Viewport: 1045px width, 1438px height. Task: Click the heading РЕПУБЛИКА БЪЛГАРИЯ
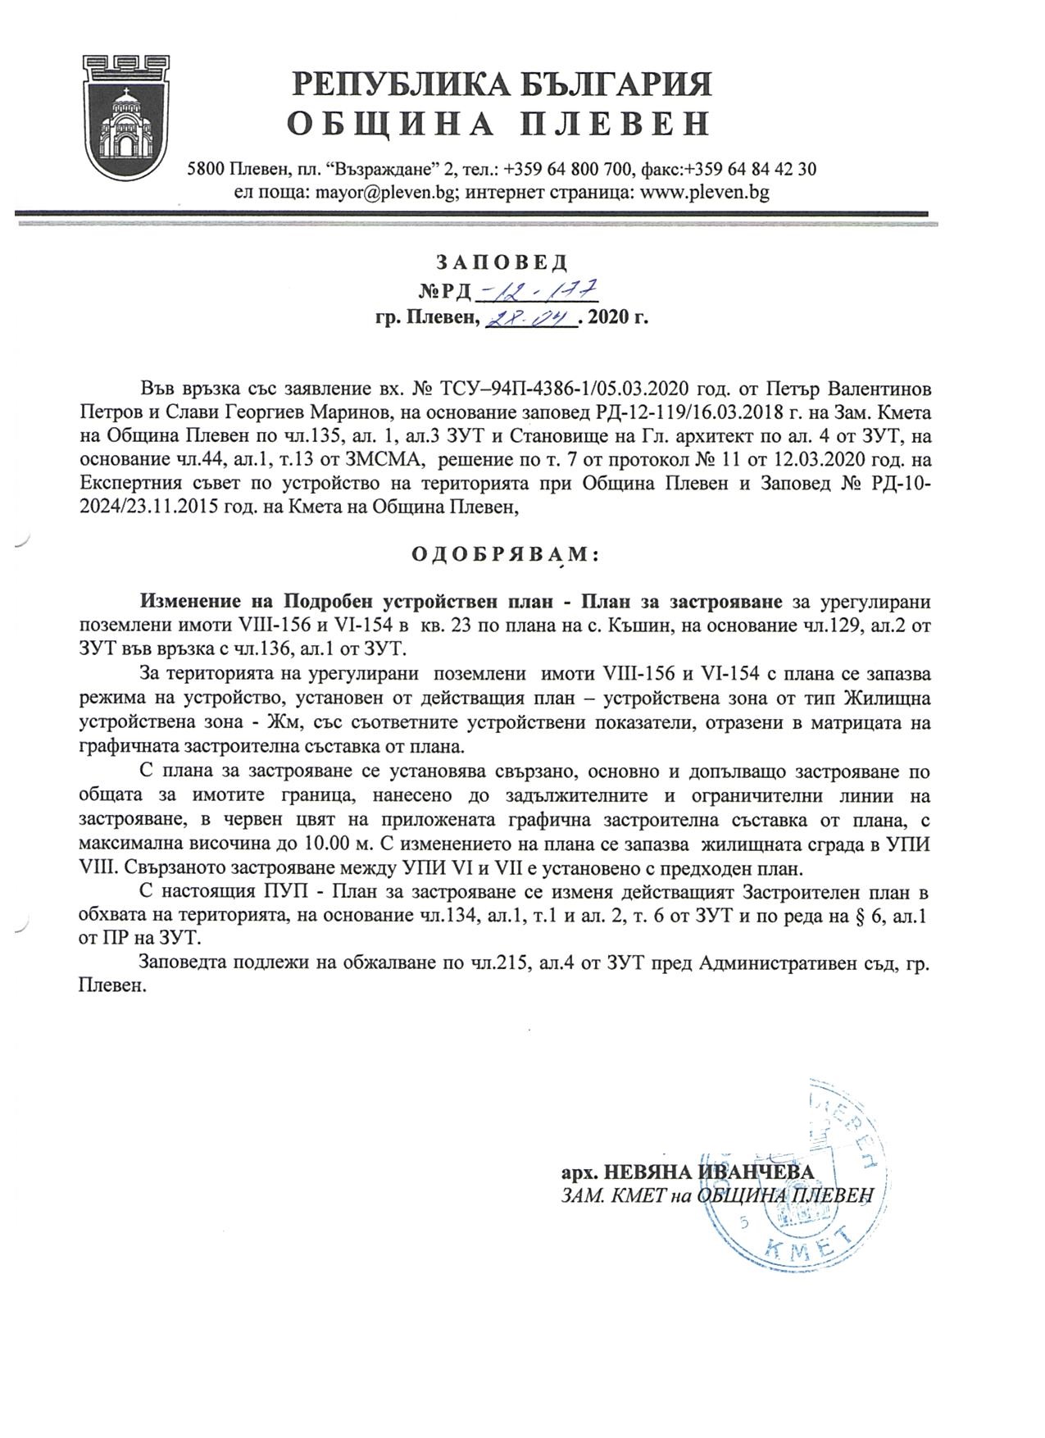click(x=502, y=84)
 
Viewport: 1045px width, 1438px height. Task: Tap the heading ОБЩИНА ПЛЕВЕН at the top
click(x=498, y=124)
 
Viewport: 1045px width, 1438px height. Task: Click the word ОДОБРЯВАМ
click(x=505, y=554)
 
